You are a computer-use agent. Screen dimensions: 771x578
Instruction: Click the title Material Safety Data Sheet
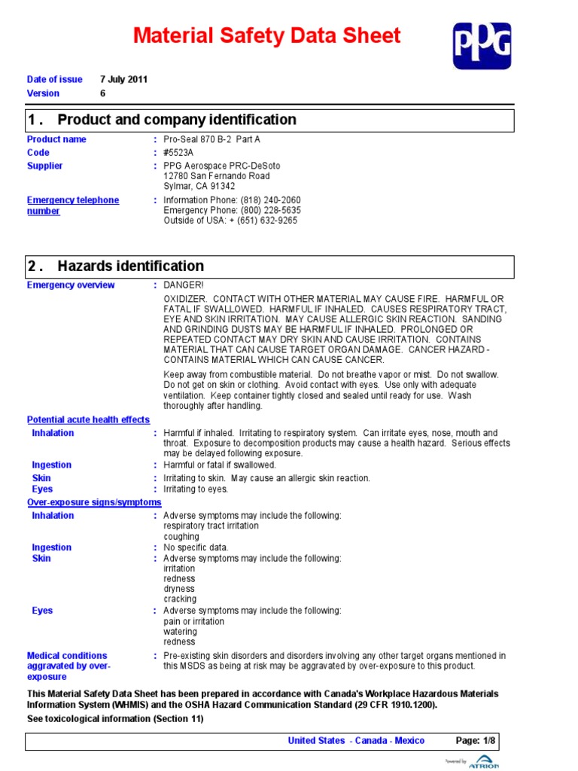point(267,35)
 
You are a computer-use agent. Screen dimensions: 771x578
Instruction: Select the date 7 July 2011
point(123,79)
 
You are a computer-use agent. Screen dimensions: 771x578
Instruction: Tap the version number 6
point(103,93)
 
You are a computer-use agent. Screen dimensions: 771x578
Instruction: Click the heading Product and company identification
point(176,120)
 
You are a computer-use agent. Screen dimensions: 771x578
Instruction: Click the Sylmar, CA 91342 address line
point(199,186)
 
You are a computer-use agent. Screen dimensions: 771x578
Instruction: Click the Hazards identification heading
point(130,266)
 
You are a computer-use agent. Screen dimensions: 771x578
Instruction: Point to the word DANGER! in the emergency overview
point(184,285)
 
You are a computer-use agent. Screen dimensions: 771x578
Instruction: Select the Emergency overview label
point(71,285)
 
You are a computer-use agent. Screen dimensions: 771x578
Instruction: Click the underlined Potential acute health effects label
point(88,419)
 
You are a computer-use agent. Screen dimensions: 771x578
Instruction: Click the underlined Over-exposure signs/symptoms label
point(94,501)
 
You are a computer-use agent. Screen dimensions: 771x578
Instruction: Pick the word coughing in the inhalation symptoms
point(181,537)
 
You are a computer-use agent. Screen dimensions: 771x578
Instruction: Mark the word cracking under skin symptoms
point(180,599)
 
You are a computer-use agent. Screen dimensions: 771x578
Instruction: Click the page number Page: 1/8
point(476,740)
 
